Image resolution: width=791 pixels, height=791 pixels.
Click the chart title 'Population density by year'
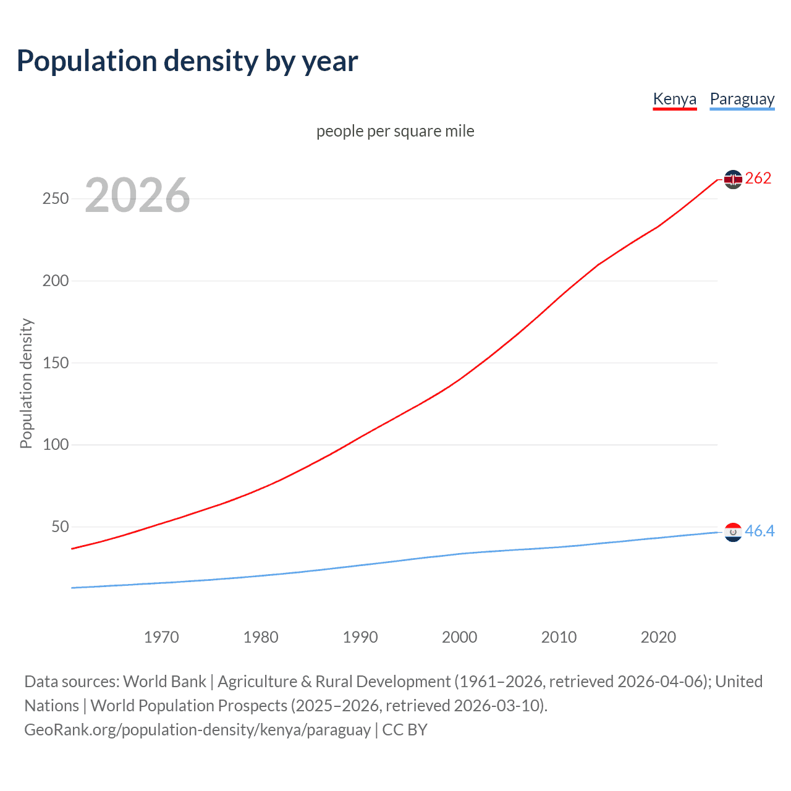click(x=187, y=61)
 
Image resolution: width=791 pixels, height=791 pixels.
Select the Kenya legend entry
click(x=674, y=99)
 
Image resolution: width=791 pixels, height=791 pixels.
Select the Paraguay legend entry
click(x=742, y=99)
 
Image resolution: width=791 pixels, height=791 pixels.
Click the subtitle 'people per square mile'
click(x=395, y=131)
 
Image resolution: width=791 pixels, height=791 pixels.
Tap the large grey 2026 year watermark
click(x=137, y=195)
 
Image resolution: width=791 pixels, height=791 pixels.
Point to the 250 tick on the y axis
click(x=56, y=198)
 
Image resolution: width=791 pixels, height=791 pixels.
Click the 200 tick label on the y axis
click(x=56, y=281)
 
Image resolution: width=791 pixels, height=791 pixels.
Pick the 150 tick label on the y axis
click(x=56, y=363)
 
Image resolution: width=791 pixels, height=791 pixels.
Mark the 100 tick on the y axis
click(x=56, y=445)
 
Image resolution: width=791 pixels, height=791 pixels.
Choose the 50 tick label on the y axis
click(x=60, y=527)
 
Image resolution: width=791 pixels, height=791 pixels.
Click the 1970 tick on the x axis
click(x=161, y=637)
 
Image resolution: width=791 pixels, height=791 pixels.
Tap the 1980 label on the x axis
click(x=261, y=637)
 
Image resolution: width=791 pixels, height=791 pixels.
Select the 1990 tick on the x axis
click(x=360, y=637)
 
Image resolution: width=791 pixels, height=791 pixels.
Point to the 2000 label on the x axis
click(x=459, y=637)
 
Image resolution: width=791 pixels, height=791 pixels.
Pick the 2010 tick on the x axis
click(x=559, y=637)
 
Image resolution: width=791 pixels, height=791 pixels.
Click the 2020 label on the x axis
click(x=658, y=637)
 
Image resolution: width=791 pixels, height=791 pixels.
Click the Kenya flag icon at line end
click(x=733, y=179)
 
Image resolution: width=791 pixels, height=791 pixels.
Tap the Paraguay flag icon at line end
click(x=733, y=532)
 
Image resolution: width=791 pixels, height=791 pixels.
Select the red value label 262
click(x=758, y=179)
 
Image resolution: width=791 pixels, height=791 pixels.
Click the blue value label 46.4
click(x=759, y=531)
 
